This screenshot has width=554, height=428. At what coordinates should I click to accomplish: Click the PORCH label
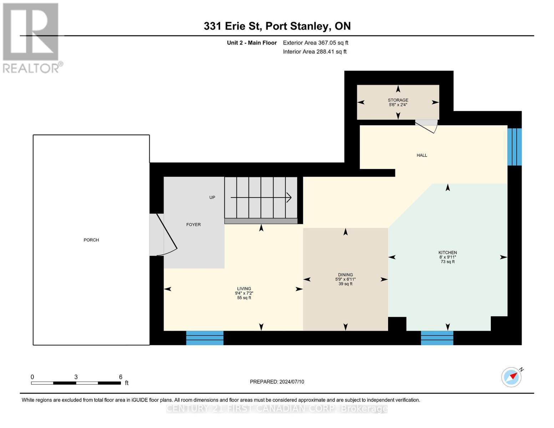[91, 240]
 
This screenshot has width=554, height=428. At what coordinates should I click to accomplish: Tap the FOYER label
[193, 225]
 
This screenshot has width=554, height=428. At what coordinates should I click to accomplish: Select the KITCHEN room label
[448, 253]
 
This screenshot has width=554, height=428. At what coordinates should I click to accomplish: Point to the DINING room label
[345, 275]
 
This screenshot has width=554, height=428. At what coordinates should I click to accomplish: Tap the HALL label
[422, 156]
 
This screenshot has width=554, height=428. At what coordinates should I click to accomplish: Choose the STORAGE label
[398, 100]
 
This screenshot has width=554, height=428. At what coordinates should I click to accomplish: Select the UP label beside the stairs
[212, 198]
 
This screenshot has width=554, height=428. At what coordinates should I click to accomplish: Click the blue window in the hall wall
[514, 147]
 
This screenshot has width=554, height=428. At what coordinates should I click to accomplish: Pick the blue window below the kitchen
[437, 338]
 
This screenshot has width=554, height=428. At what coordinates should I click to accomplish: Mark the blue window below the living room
[205, 338]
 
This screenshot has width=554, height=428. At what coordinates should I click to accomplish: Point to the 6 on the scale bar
[121, 377]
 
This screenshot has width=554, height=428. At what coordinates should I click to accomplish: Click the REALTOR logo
[31, 38]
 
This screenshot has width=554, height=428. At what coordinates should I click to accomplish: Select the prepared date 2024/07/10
[291, 382]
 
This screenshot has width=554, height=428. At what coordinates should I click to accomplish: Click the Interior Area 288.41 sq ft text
[315, 52]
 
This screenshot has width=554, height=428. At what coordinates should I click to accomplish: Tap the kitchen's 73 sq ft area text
[448, 262]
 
